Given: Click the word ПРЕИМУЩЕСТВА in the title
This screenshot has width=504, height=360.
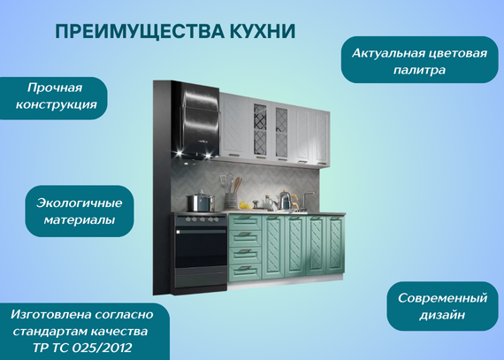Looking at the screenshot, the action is (140, 32).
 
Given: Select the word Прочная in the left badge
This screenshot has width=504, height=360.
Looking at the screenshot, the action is (55, 88).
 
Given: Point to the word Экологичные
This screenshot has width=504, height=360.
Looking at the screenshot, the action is (79, 203).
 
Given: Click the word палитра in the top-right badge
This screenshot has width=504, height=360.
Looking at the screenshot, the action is (419, 70).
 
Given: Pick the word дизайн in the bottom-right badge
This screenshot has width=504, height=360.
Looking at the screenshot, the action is (442, 315).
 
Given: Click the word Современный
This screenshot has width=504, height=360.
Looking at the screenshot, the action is (443, 298).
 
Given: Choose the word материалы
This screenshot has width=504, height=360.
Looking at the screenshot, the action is (80, 220).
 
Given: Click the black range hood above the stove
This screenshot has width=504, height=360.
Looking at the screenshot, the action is (196, 119).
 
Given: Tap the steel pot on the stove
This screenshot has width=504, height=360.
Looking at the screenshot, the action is (201, 202).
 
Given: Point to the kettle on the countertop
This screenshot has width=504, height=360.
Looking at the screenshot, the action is (285, 200).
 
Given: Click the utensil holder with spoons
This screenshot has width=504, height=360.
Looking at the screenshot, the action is (231, 200).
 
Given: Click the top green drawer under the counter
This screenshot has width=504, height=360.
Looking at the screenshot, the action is (245, 222).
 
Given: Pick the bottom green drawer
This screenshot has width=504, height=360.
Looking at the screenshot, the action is (245, 272).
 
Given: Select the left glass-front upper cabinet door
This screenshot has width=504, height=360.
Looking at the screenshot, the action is (260, 129).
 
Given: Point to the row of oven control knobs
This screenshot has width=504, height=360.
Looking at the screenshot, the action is (201, 220).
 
